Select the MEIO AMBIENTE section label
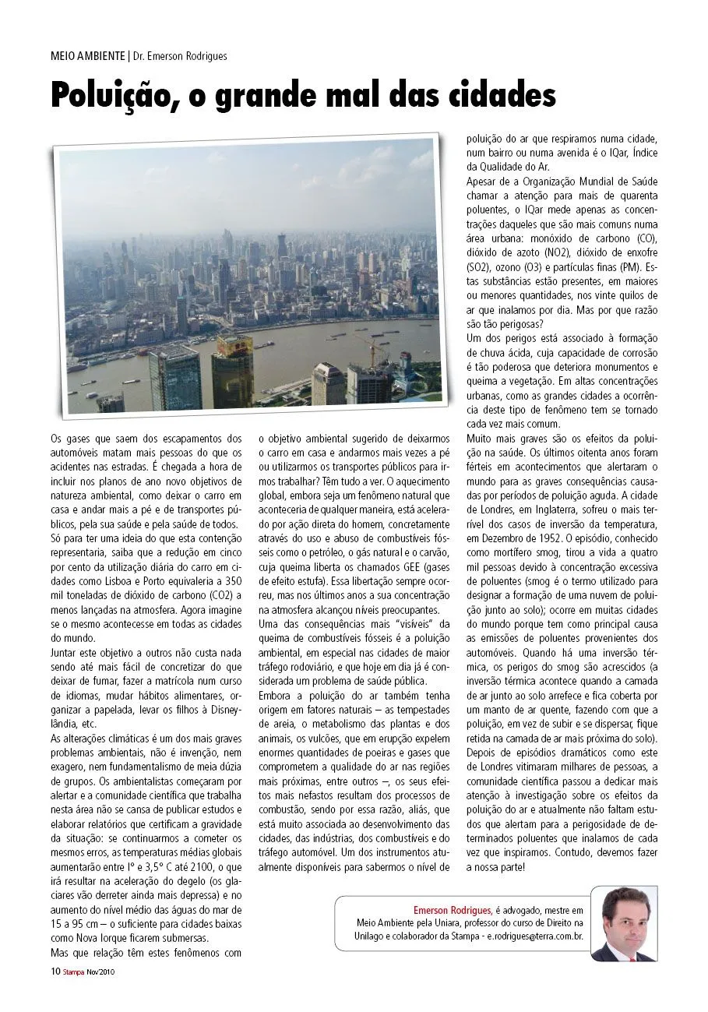click(87, 56)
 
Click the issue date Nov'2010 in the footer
click(103, 971)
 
